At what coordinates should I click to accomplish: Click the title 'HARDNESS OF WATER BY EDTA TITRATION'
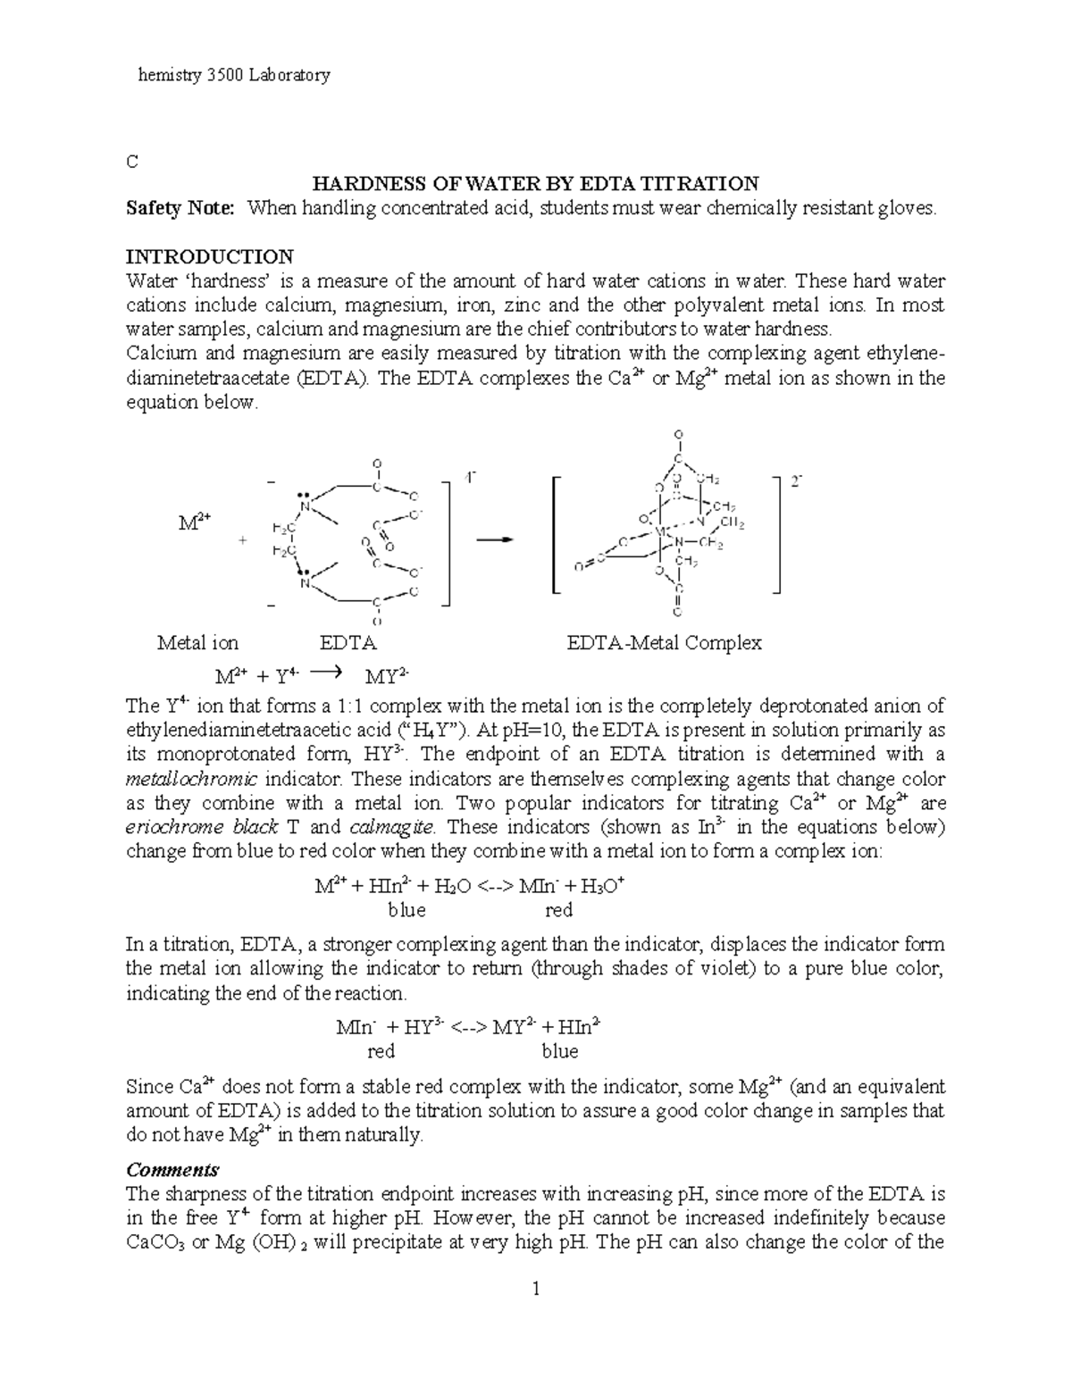tap(534, 184)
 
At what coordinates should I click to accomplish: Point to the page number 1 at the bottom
tap(536, 1290)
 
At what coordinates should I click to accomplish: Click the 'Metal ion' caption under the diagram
tap(197, 643)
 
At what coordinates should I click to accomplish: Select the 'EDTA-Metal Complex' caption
tap(665, 643)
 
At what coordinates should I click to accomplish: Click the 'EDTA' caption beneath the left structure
tap(348, 643)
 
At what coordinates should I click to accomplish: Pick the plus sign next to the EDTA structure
tap(241, 541)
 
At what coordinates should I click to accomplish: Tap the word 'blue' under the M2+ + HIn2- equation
tap(406, 911)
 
